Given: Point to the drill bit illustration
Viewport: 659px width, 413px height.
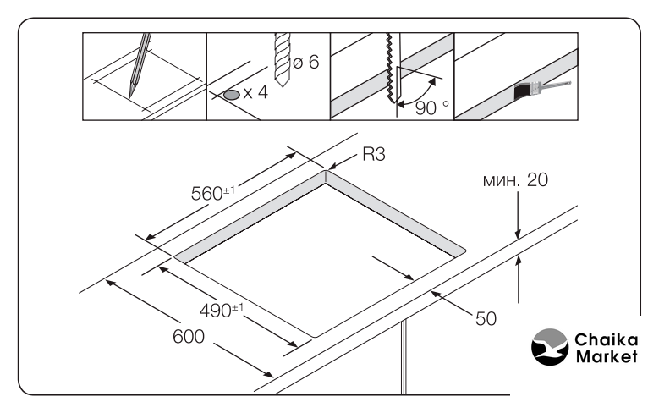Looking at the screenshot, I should click(x=282, y=59).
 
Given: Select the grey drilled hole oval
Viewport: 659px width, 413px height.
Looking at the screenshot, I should click(x=232, y=95).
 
